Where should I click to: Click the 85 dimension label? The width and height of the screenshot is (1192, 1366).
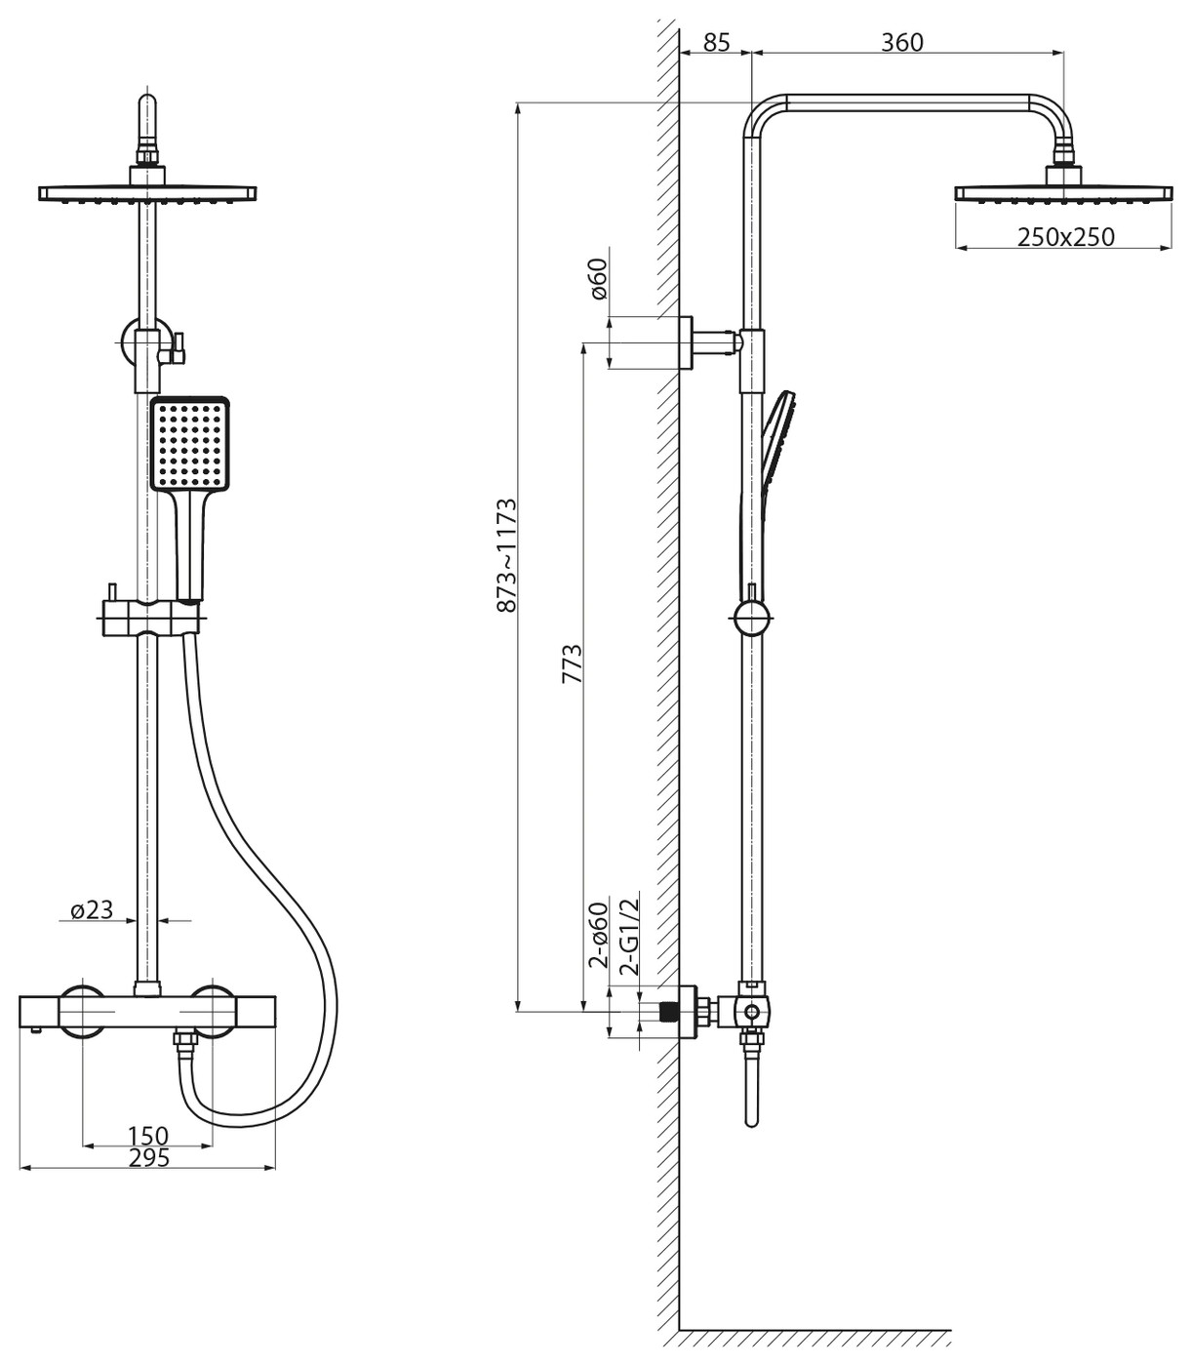click(x=717, y=42)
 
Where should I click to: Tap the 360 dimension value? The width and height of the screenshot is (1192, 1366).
click(x=901, y=42)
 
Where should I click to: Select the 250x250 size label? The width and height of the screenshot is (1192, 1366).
click(x=1066, y=237)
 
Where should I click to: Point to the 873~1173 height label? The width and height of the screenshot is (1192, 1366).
click(x=507, y=555)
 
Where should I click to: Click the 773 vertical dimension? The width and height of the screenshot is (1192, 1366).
click(x=573, y=663)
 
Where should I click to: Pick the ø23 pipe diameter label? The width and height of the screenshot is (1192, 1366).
click(x=92, y=909)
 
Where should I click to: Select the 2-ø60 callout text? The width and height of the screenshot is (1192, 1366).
click(x=599, y=935)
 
